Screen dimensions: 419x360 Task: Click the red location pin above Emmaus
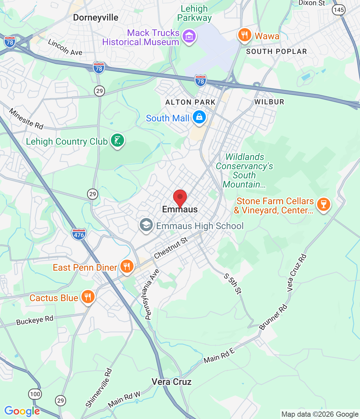180,197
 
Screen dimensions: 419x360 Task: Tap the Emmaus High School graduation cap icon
146,225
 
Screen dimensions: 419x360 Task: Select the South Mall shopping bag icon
199,117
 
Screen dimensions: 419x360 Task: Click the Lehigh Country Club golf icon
117,140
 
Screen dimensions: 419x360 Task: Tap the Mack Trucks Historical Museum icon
189,36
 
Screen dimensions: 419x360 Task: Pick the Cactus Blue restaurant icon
88,297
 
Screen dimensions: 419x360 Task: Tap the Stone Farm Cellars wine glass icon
324,204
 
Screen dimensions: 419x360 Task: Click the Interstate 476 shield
79,234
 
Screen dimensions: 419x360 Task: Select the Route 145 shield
338,9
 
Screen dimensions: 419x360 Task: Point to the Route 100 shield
35,394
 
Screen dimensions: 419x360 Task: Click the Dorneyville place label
96,18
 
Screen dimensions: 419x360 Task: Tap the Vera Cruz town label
171,382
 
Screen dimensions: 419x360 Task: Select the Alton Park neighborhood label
190,102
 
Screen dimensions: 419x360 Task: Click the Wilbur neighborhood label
269,102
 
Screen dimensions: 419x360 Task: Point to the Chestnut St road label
171,248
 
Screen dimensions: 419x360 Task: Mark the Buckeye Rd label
35,320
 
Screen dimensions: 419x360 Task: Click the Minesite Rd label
26,119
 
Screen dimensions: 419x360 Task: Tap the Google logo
22,411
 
